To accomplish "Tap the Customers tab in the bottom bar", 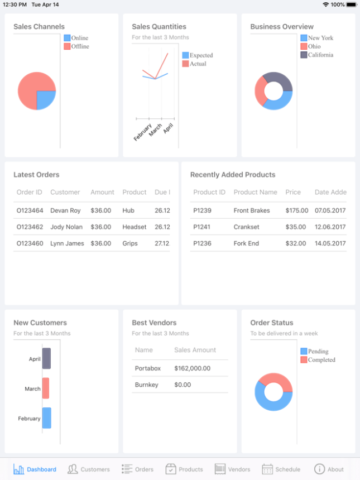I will (x=89, y=469).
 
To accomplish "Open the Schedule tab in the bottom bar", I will (x=281, y=469).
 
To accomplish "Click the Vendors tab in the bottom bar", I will (x=233, y=469).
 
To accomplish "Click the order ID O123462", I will (x=30, y=227).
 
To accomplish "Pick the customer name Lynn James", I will (x=67, y=243).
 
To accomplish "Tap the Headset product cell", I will (x=135, y=227).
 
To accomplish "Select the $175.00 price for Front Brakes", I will (x=296, y=210).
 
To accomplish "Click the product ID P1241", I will (x=203, y=227).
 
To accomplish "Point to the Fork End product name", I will (x=247, y=243).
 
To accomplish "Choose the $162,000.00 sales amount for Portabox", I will (x=193, y=368).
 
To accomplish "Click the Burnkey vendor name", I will (x=147, y=385).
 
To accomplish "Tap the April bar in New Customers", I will (x=46, y=358).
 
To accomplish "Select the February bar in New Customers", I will (x=46, y=418).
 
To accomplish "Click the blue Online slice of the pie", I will (x=46, y=99).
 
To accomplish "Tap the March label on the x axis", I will (x=155, y=130).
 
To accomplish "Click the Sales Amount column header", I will (x=195, y=350).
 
